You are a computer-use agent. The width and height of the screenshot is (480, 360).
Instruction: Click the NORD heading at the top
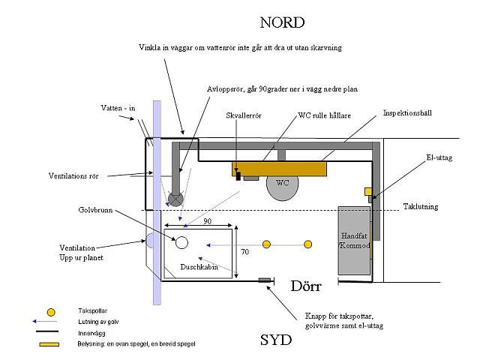tap(282, 22)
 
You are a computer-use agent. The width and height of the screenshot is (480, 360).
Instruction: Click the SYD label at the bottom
tap(276, 340)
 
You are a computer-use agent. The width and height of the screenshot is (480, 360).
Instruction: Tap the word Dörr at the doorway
tap(306, 286)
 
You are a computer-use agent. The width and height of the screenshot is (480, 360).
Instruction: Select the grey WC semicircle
tap(282, 188)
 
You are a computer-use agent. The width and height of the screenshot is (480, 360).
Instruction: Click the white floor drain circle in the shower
tap(181, 243)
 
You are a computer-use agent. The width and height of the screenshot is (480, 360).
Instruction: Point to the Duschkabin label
tap(199, 267)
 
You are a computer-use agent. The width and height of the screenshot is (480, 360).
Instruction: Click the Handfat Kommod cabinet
tap(354, 241)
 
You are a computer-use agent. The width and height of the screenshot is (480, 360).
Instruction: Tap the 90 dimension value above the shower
tap(207, 221)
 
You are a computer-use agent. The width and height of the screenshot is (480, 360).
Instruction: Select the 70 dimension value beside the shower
tap(244, 252)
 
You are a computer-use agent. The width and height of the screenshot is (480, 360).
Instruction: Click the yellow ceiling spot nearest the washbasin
tap(308, 244)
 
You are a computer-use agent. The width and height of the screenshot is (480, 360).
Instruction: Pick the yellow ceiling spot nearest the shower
tap(267, 244)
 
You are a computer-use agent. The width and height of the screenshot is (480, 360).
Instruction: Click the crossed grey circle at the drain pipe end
tap(175, 199)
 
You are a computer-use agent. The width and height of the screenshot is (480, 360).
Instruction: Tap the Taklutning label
tap(421, 207)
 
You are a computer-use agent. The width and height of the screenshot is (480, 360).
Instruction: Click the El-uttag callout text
tap(439, 157)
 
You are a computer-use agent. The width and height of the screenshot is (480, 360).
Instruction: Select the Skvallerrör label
tap(244, 115)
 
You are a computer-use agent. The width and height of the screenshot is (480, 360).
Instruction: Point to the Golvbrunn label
tap(95, 210)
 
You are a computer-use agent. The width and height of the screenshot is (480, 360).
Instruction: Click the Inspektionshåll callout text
tap(407, 113)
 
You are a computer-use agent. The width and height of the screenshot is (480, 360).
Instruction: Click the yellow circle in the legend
tap(51, 312)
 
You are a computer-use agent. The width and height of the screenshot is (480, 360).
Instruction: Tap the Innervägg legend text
tap(91, 333)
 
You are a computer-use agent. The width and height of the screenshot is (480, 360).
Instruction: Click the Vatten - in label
tap(118, 108)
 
